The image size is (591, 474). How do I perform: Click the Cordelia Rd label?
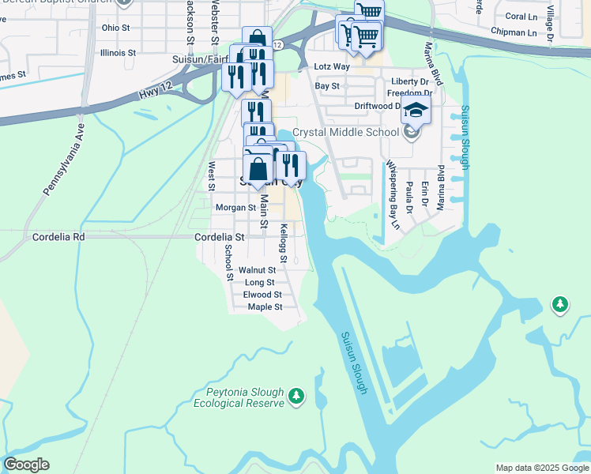tap(58, 236)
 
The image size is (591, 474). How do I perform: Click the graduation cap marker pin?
tap(416, 111)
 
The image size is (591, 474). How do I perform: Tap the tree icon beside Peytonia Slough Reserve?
tap(296, 395)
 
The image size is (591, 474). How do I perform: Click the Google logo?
tap(26, 465)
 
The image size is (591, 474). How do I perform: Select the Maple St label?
tap(265, 307)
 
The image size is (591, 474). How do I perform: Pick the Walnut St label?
tap(256, 270)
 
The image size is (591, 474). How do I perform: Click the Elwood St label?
tap(262, 295)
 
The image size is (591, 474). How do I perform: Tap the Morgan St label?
tap(236, 208)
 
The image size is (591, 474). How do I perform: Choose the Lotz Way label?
tap(332, 68)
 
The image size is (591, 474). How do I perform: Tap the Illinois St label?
tap(119, 53)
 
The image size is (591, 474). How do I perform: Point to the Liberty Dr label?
tap(409, 81)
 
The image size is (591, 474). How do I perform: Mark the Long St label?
tap(259, 282)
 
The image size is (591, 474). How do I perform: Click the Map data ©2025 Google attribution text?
tap(542, 468)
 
